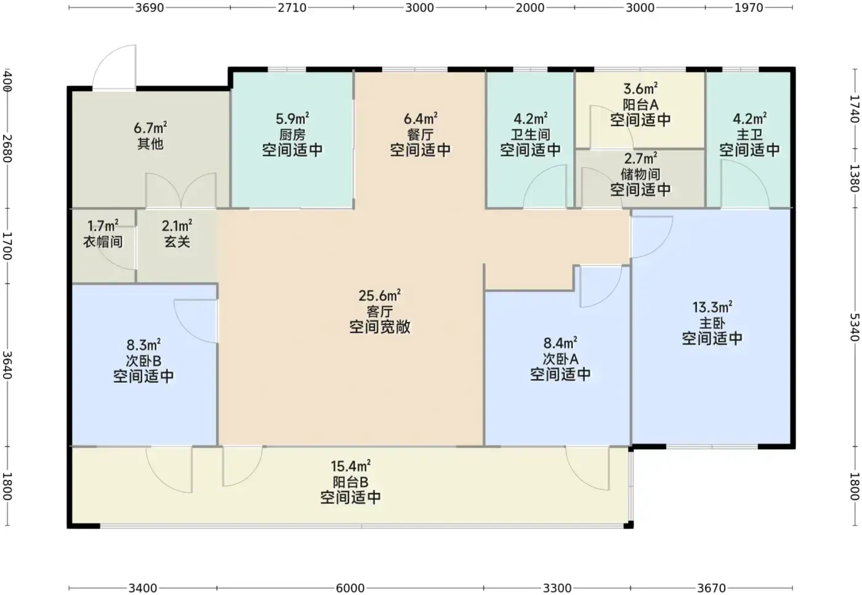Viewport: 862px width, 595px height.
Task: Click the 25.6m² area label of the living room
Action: [x=379, y=295]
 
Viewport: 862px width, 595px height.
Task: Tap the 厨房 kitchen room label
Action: [x=292, y=135]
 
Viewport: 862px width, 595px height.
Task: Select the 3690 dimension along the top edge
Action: [x=149, y=7]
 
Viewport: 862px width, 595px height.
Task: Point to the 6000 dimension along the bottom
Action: [x=350, y=588]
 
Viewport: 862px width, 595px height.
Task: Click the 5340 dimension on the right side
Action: [x=855, y=327]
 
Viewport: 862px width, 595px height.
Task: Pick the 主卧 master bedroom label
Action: [x=712, y=322]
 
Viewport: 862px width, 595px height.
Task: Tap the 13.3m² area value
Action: [x=712, y=307]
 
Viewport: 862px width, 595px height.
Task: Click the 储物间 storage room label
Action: [x=640, y=174]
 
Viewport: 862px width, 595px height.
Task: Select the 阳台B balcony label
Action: [x=350, y=482]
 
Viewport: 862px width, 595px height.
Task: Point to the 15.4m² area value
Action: [x=350, y=466]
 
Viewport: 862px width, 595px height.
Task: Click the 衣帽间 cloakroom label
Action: [x=103, y=242]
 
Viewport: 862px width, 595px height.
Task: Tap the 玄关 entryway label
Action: [x=177, y=242]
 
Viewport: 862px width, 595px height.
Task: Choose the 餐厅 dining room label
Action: [x=420, y=135]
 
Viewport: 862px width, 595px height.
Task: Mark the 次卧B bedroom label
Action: [x=143, y=361]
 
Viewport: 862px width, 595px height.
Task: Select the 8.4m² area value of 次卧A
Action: [x=560, y=342]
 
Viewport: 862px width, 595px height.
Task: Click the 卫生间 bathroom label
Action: [x=530, y=135]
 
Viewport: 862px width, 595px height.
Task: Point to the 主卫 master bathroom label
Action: [x=749, y=135]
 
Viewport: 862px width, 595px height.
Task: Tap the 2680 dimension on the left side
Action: [x=7, y=148]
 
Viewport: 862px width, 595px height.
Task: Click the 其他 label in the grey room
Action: [x=150, y=143]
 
